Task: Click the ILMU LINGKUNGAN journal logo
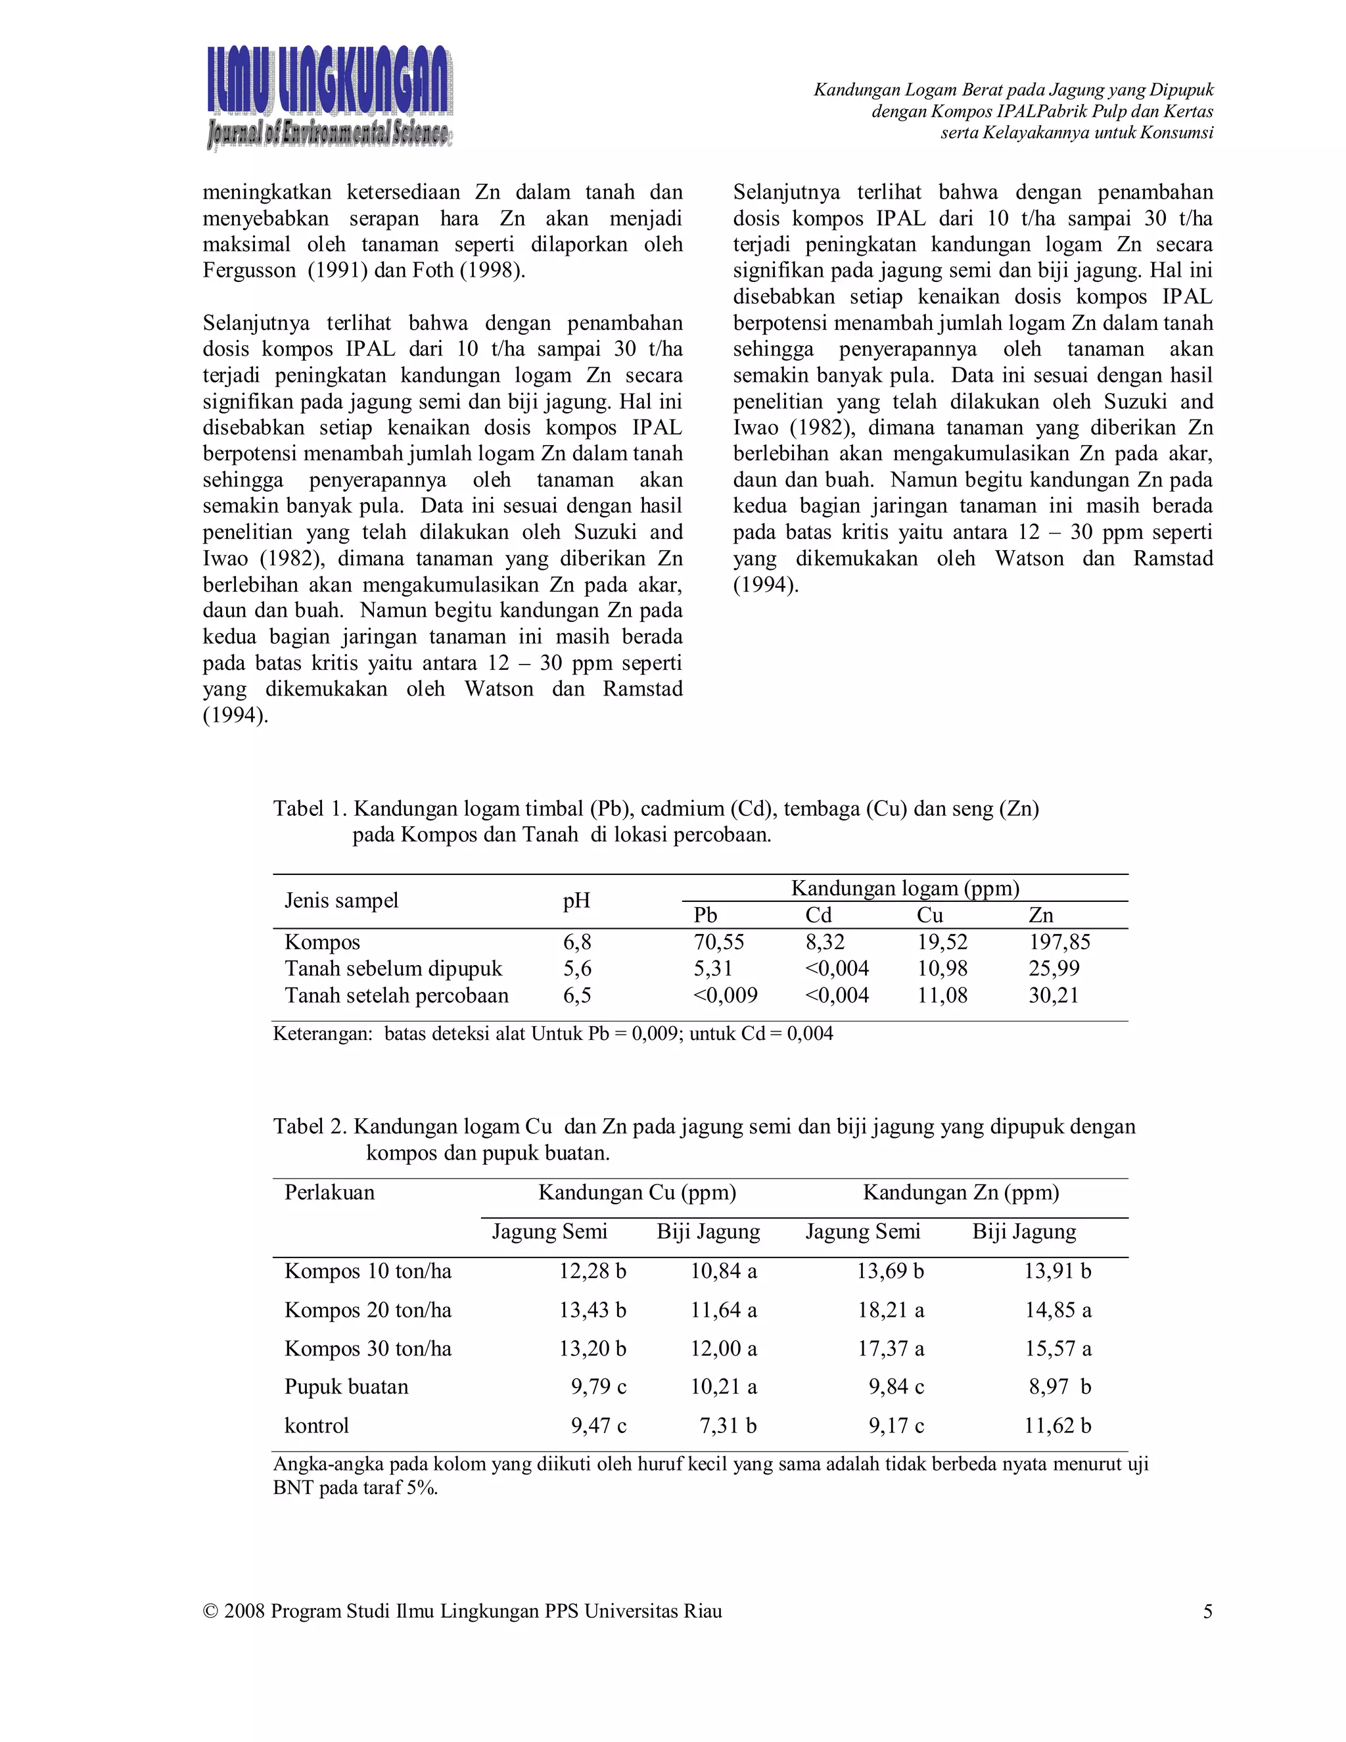(x=329, y=97)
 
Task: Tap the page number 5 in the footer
(x=1207, y=1611)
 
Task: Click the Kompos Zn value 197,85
(x=1059, y=942)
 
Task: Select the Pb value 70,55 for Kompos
(x=718, y=942)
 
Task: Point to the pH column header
(x=576, y=901)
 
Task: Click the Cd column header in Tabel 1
(x=818, y=915)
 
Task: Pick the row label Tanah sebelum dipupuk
(x=393, y=968)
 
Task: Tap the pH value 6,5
(x=576, y=995)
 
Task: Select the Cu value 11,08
(x=942, y=995)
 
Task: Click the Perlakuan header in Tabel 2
(x=329, y=1192)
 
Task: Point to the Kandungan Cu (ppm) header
(x=637, y=1192)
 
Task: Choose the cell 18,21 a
(x=890, y=1309)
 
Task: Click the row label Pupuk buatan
(x=346, y=1386)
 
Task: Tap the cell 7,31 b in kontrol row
(x=728, y=1425)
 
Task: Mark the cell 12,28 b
(x=592, y=1271)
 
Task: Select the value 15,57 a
(x=1057, y=1348)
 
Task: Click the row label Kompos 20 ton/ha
(x=367, y=1309)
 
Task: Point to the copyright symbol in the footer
(x=210, y=1611)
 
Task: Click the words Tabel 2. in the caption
(x=310, y=1126)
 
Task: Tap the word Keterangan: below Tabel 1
(x=322, y=1034)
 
